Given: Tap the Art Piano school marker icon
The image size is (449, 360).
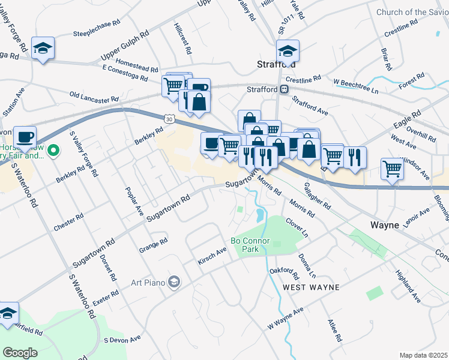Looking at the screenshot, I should coord(174,281).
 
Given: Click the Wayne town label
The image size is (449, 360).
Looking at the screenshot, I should coord(385,226).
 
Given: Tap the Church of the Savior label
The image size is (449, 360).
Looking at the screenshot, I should coord(412,12).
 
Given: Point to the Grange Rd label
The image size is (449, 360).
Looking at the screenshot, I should coord(153,245).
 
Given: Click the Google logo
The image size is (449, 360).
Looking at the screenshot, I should coord(20,353).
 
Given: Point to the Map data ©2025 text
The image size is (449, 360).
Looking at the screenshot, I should coord(424,355).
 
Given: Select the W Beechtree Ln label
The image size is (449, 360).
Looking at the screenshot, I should coord(356,86).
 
